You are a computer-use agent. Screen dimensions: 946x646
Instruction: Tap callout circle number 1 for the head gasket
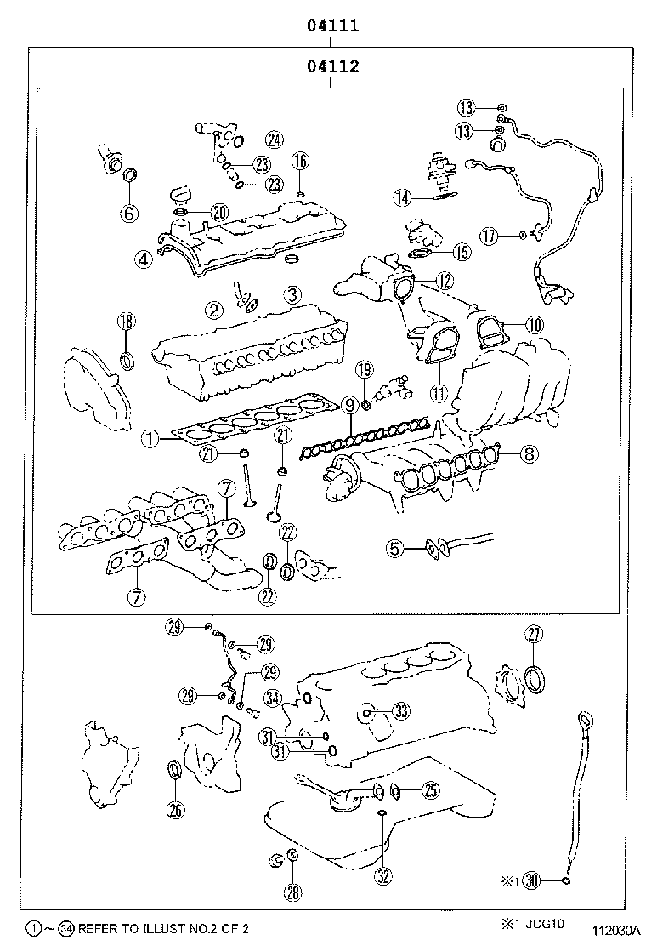(149, 439)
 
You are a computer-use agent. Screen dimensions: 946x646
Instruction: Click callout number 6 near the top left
(129, 213)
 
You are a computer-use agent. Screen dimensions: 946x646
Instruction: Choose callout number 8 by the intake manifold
(528, 454)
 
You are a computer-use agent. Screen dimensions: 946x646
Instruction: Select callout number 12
(445, 279)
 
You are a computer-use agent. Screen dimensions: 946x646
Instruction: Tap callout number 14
(403, 197)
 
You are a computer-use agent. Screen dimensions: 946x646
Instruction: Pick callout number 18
(126, 321)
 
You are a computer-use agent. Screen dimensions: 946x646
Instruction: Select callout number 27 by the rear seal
(534, 632)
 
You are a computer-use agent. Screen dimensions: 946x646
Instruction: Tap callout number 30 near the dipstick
(532, 880)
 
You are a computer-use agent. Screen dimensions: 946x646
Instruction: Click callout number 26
(175, 809)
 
